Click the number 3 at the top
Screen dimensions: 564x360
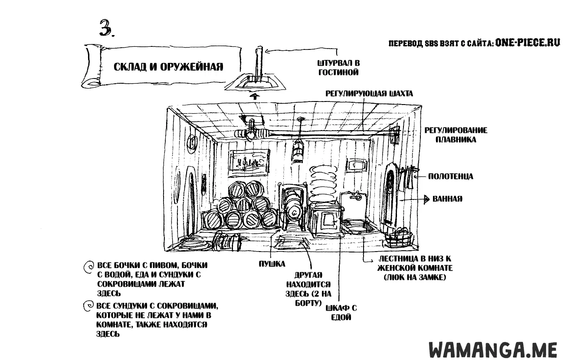(106, 28)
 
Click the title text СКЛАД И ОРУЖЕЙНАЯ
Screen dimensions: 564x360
(168, 67)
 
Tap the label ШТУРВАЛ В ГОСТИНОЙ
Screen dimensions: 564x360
(338, 68)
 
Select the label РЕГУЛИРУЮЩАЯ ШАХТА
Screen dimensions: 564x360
(369, 94)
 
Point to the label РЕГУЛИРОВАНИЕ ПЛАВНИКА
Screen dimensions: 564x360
(456, 135)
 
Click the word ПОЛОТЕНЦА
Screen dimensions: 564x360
(450, 176)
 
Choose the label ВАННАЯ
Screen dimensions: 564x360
(447, 199)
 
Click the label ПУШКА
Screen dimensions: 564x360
(272, 264)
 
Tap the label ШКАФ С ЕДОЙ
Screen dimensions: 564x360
(341, 312)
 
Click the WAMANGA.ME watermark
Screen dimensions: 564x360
(493, 350)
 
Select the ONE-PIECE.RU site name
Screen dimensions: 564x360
(527, 43)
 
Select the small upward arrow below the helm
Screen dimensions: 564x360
(255, 96)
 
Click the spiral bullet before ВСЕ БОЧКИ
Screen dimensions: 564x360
(88, 267)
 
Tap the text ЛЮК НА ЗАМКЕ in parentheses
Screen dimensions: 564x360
(415, 278)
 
